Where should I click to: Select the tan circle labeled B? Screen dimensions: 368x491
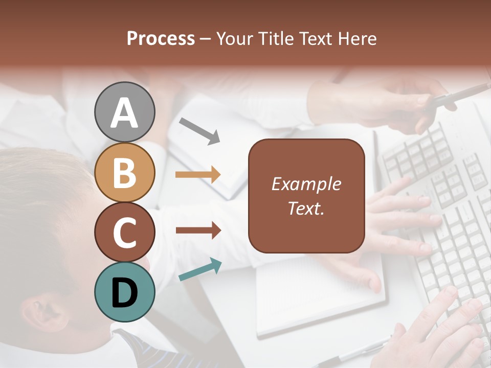(x=124, y=172)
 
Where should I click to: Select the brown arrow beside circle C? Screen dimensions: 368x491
(x=198, y=231)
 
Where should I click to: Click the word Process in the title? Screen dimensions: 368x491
(x=161, y=38)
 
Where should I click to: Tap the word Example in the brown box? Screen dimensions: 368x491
(x=306, y=184)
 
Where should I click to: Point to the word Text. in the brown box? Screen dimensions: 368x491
(x=306, y=208)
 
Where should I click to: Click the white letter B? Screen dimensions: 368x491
(x=124, y=173)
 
